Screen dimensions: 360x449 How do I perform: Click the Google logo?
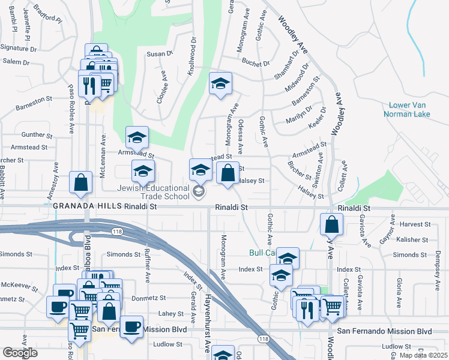coord(20,353)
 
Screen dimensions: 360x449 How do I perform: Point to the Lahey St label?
coord(170,313)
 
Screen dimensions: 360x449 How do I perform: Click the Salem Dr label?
coord(16,61)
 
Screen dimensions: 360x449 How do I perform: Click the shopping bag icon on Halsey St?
coord(228,173)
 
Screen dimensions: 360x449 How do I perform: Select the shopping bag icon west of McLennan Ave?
coord(80,183)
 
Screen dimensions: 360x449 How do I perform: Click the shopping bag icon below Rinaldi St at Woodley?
coord(331,225)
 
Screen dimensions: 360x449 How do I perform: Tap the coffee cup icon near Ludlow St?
coord(131,327)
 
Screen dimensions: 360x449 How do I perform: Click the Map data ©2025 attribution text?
coord(423,355)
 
